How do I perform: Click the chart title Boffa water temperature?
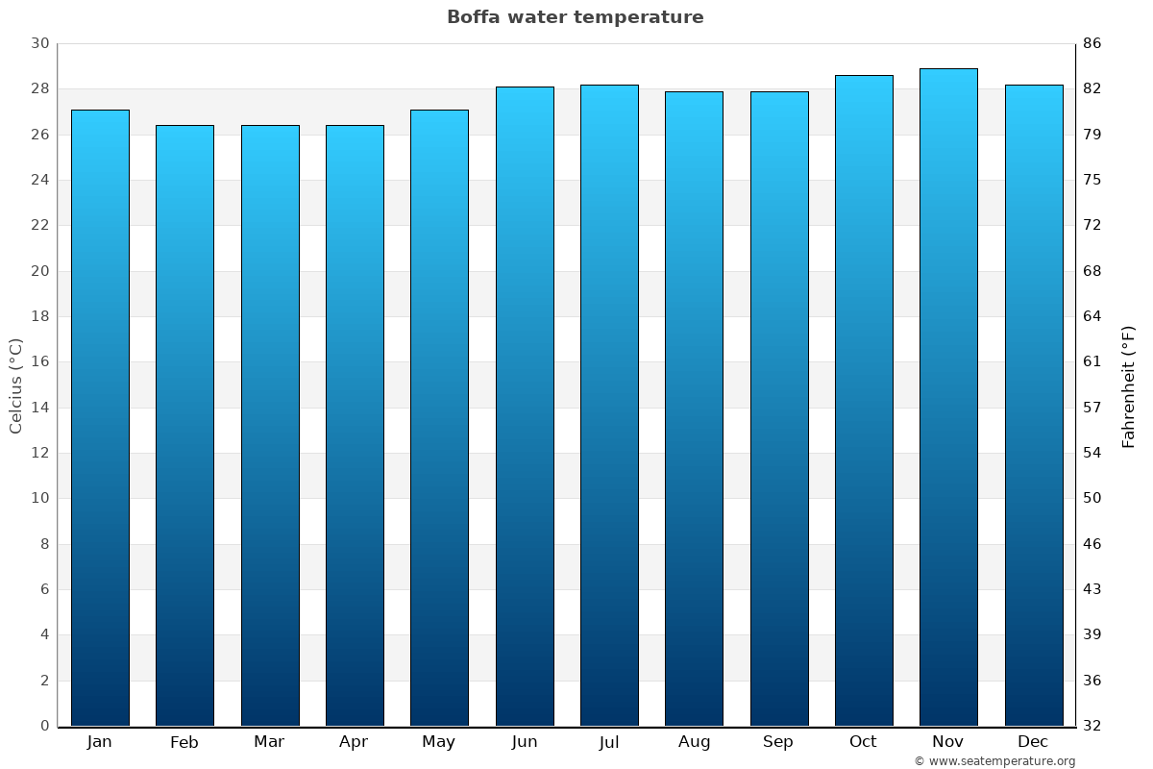pos(575,17)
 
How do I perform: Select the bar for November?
pos(948,397)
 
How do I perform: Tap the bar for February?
pos(184,425)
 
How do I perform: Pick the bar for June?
pos(525,406)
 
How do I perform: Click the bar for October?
pos(864,400)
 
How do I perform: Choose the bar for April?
pos(355,425)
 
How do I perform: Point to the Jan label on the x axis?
pos(99,742)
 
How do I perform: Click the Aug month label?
pos(694,742)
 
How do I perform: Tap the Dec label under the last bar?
pos(1033,742)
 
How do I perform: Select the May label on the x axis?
pos(439,742)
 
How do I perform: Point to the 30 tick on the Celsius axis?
pos(39,44)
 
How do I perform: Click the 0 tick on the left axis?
pos(44,726)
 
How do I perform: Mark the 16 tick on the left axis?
pos(39,362)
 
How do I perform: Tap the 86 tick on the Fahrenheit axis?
pos(1092,44)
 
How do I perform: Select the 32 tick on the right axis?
pos(1092,726)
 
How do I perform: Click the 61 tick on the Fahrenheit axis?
pos(1092,362)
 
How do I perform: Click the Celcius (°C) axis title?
pos(15,385)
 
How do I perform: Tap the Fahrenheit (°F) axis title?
pos(1129,385)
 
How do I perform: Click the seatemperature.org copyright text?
pos(994,761)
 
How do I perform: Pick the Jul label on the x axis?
pos(609,742)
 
